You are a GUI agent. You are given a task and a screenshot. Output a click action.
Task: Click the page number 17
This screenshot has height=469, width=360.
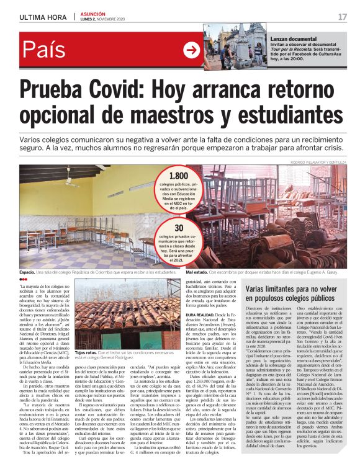[342, 17]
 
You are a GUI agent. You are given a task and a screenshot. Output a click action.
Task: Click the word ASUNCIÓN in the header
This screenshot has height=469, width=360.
[94, 14]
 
